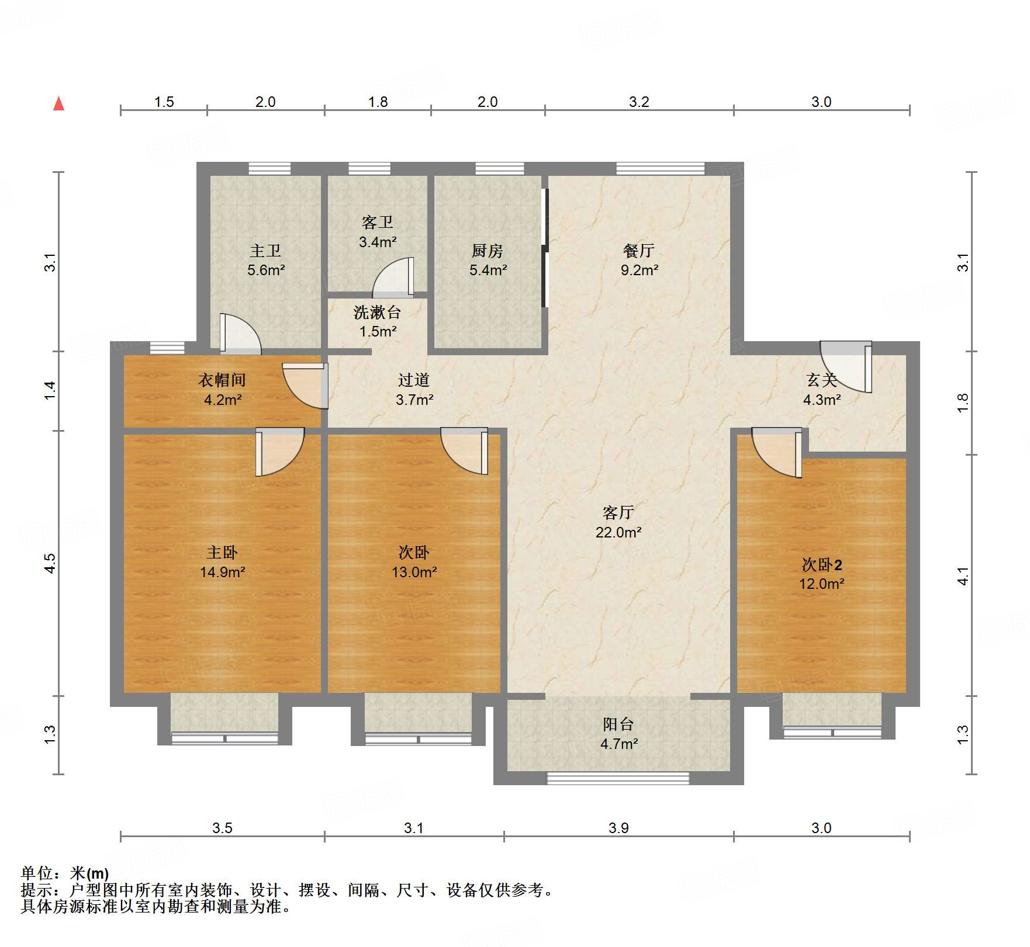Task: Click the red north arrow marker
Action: [58, 104]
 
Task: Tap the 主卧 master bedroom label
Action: [222, 552]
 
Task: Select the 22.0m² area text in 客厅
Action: [618, 532]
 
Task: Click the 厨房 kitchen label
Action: [488, 251]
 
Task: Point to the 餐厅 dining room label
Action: [639, 251]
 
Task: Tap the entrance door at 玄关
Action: [846, 367]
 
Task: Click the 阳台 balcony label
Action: [618, 724]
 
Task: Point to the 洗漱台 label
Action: [377, 313]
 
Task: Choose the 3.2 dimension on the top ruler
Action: [639, 102]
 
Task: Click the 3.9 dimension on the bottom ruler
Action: [618, 828]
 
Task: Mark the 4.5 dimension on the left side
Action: [50, 563]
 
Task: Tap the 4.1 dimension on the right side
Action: [963, 575]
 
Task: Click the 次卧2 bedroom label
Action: [821, 565]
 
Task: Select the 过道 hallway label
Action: [414, 380]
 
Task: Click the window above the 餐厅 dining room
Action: [661, 169]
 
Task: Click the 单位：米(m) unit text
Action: [65, 873]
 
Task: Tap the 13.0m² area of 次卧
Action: [414, 572]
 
